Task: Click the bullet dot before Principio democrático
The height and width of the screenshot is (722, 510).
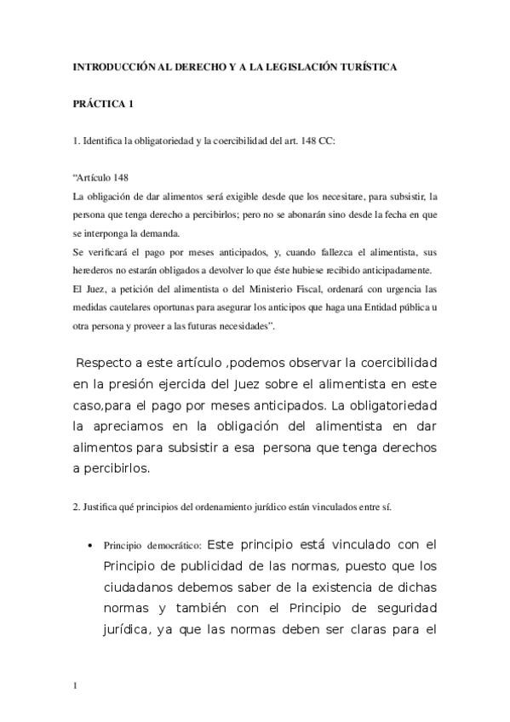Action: click(x=91, y=545)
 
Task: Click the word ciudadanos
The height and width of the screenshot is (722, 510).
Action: click(x=140, y=586)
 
